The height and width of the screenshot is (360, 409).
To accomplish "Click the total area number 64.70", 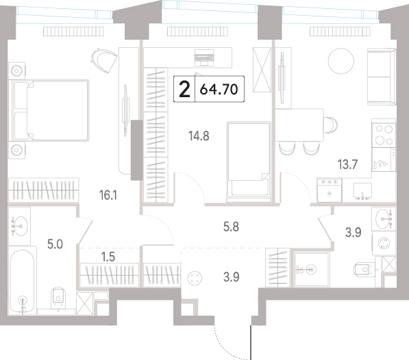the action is click(x=219, y=90).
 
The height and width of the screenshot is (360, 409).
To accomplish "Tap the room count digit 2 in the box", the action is click(x=185, y=90).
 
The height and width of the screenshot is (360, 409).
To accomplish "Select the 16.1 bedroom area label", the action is click(x=108, y=195).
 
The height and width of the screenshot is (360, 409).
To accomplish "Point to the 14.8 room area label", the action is click(x=199, y=136).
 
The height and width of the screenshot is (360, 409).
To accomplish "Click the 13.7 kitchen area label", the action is click(x=347, y=164).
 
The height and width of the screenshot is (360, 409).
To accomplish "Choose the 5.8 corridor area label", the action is click(x=231, y=227).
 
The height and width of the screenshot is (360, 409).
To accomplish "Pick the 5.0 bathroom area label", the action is click(x=55, y=244).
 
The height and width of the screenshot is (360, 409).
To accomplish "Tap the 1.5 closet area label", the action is click(x=108, y=257).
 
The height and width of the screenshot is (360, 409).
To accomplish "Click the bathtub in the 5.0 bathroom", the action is click(x=22, y=281).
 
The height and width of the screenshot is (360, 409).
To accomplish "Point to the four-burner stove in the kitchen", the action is click(x=384, y=134).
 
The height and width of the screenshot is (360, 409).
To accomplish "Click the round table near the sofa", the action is click(x=341, y=61).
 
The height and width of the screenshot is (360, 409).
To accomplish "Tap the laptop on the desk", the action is click(x=204, y=57).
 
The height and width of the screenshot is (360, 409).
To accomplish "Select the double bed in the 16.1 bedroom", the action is click(x=49, y=110).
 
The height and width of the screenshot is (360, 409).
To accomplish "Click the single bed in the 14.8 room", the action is click(x=249, y=162).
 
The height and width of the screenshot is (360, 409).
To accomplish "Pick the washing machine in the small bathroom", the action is click(x=384, y=243).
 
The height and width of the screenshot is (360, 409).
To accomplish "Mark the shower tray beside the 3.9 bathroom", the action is click(x=312, y=270).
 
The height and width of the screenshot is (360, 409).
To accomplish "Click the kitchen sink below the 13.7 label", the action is click(x=362, y=191).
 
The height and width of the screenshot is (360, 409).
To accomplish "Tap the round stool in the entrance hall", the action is click(x=195, y=278).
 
